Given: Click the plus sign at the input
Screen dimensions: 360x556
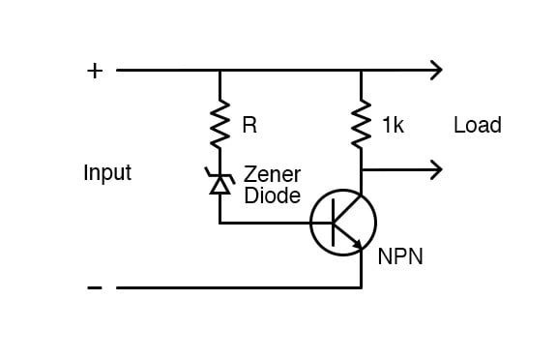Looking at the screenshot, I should [x=95, y=71].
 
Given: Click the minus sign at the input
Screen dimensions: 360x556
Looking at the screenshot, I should [x=95, y=287].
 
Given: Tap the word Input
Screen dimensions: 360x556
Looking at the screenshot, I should [x=107, y=173].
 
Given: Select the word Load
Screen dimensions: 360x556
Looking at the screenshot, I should [x=477, y=126].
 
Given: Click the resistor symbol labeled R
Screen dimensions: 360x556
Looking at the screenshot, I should [x=220, y=123].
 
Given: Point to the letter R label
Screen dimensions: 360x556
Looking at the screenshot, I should [x=249, y=126].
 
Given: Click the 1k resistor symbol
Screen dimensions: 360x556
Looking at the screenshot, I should [x=362, y=123].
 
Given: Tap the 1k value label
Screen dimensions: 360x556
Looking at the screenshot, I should [x=393, y=126].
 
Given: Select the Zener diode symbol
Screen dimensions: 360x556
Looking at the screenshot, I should [x=220, y=181].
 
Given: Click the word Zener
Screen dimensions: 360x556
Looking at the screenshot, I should [x=272, y=175].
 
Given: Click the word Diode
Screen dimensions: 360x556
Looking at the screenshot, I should [x=271, y=195].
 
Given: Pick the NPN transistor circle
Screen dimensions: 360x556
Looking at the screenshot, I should [x=342, y=223].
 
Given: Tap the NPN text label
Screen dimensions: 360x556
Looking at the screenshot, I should [x=400, y=257].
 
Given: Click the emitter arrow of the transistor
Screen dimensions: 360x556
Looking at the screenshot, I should [x=356, y=244].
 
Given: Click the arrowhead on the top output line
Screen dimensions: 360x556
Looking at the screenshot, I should [x=436, y=70].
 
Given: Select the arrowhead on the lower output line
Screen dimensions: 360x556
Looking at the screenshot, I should [x=436, y=169].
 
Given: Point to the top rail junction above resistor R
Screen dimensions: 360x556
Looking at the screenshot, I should [x=220, y=70].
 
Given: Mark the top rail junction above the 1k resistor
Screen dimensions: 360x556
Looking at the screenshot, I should [x=362, y=70].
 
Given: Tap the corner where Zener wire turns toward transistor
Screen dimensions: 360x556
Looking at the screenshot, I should [x=220, y=223].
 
